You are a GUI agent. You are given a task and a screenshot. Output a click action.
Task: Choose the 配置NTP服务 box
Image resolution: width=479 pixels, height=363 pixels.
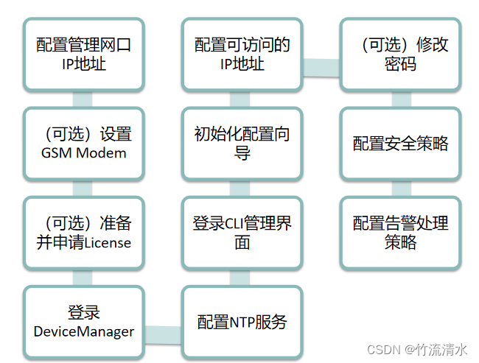(x=242, y=322)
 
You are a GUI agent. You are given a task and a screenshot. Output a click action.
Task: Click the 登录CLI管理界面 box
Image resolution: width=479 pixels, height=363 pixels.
(x=242, y=232)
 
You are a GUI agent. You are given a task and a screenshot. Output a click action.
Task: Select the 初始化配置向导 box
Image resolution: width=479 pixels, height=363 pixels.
(x=242, y=144)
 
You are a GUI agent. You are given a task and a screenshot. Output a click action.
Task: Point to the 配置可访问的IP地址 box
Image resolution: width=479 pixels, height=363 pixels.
(x=242, y=54)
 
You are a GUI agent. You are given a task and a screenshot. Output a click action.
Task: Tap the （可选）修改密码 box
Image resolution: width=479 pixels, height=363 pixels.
(x=400, y=54)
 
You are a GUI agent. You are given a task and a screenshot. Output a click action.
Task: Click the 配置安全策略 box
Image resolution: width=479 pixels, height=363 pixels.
(x=400, y=144)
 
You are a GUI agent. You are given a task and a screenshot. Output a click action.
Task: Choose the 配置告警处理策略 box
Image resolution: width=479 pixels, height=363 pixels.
(x=400, y=232)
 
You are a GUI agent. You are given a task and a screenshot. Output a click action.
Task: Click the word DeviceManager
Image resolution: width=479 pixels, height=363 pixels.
(x=84, y=331)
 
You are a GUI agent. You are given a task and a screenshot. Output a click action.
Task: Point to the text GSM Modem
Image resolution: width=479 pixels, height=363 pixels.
(x=84, y=153)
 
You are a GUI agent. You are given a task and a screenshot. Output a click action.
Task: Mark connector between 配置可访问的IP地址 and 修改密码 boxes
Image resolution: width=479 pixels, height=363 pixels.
(x=321, y=66)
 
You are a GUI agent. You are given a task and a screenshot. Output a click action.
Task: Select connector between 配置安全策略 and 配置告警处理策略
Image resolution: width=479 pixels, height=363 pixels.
(x=400, y=188)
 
